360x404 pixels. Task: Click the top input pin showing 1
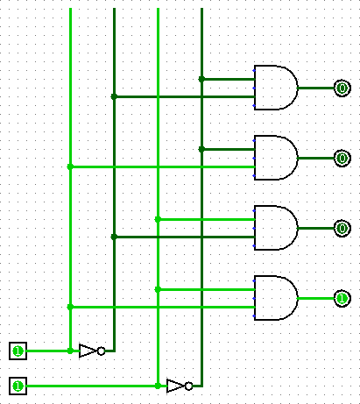tap(18, 351)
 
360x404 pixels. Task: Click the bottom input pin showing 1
tap(18, 386)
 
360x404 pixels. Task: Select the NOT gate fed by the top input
tap(92, 351)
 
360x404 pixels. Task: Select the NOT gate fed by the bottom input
tap(180, 386)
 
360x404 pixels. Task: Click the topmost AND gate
tap(276, 88)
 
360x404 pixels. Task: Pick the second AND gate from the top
tap(276, 158)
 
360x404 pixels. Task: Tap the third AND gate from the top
tap(276, 228)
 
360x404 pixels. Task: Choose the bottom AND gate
tap(276, 298)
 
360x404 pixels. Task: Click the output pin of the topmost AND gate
tap(342, 88)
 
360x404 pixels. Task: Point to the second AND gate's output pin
tap(342, 158)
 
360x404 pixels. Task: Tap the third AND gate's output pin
tap(342, 228)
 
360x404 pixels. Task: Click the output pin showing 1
tap(342, 298)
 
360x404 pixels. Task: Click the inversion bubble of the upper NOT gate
tap(101, 351)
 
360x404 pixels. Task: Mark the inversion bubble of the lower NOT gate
tap(188, 386)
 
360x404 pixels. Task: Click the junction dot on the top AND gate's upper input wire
tap(201, 79)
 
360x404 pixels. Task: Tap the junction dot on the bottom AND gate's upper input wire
tap(158, 289)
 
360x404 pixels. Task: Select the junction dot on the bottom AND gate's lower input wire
tap(70, 307)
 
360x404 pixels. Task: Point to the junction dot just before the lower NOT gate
tap(158, 386)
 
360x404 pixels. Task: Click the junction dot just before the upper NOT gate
tap(70, 351)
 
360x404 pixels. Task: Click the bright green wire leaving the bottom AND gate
tap(316, 298)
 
